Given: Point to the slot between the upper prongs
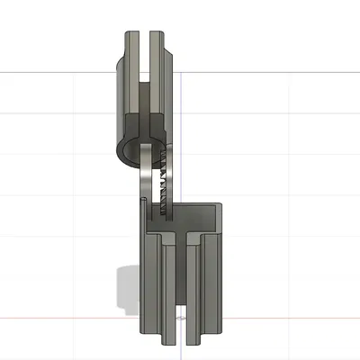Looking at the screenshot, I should coord(146,54).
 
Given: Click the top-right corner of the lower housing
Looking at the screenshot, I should coord(220,206).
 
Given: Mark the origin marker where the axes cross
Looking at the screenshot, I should coord(182,318).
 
